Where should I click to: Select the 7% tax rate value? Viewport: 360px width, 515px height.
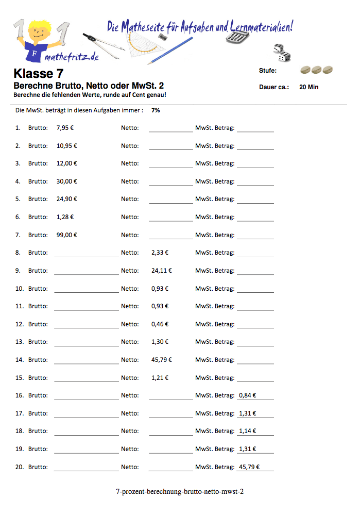click(156, 110)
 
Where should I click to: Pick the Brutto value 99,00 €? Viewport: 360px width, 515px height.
click(67, 235)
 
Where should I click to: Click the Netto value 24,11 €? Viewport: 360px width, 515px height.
click(162, 271)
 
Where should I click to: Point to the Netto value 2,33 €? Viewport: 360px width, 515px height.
click(160, 253)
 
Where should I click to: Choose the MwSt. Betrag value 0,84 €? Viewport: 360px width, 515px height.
click(248, 396)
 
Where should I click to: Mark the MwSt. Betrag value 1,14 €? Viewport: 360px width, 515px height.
click(248, 431)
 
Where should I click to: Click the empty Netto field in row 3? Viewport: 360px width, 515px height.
click(170, 163)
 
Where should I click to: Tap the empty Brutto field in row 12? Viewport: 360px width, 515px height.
click(86, 324)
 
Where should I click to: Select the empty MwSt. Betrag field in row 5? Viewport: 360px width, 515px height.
click(255, 198)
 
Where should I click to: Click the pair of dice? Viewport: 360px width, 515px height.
click(281, 53)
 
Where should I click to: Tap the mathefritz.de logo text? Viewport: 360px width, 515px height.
click(72, 57)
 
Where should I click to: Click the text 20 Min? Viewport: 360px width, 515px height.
click(308, 87)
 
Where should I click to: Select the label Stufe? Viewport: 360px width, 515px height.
click(268, 71)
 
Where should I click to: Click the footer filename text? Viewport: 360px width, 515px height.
click(180, 491)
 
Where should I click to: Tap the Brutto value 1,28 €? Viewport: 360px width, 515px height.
click(65, 217)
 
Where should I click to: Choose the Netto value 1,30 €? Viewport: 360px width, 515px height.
click(160, 342)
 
